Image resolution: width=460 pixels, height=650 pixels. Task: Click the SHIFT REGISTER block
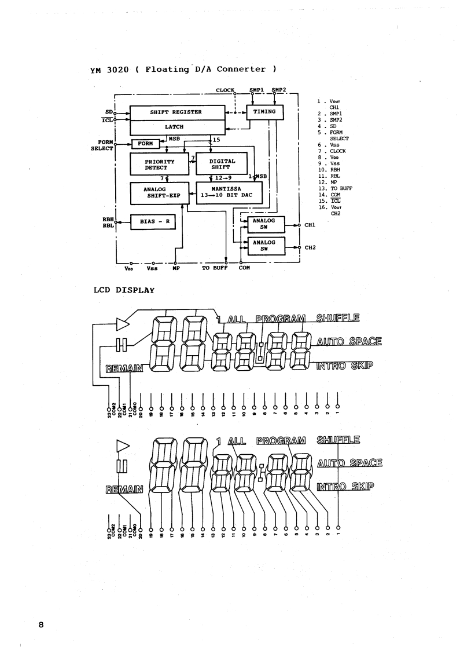click(176, 112)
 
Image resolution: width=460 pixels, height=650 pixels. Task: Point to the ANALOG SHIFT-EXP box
click(155, 192)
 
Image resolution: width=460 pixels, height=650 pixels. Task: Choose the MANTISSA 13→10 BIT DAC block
click(229, 192)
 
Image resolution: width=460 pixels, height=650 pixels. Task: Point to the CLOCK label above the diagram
click(225, 90)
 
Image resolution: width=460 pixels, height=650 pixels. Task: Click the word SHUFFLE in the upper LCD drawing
click(338, 317)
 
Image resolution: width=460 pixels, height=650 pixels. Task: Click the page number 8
click(41, 624)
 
